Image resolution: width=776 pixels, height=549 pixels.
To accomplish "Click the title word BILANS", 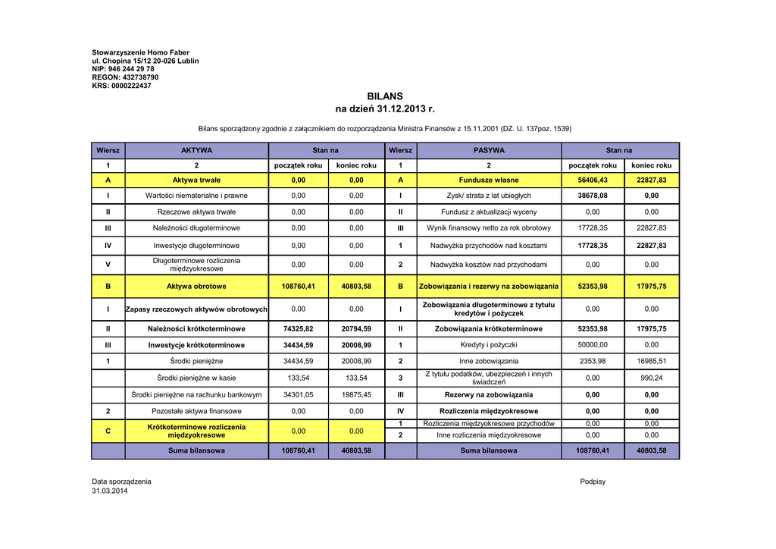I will click(x=385, y=96).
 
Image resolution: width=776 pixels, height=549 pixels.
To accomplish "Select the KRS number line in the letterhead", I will click(x=121, y=86).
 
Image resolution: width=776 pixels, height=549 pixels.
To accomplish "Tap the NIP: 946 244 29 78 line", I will click(x=123, y=69).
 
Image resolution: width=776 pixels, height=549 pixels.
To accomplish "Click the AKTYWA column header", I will click(x=196, y=150).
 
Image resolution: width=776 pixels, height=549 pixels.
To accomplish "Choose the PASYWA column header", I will click(x=489, y=150).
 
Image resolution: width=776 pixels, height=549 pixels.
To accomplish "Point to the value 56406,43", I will click(x=593, y=180).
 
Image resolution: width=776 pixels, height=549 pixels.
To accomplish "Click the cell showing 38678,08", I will click(x=593, y=196).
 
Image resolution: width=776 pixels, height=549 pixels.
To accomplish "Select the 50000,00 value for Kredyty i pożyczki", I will click(x=593, y=345).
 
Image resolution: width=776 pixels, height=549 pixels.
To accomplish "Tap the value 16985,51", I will click(x=652, y=361).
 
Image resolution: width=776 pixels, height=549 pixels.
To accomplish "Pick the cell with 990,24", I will click(x=652, y=378).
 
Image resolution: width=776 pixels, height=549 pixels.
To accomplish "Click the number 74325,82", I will click(x=299, y=329).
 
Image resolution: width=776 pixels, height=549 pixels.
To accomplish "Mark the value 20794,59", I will click(x=356, y=329).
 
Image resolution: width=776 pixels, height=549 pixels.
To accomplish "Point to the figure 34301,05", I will click(x=299, y=394).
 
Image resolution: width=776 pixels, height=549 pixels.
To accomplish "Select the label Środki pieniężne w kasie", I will click(x=196, y=378).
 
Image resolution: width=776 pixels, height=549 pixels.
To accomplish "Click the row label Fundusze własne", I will click(x=489, y=180).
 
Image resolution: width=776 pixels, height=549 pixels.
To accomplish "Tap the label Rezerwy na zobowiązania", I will click(x=489, y=394).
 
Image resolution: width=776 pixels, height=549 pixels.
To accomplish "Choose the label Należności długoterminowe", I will click(x=196, y=227).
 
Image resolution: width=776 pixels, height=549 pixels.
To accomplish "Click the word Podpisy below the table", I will click(x=593, y=482).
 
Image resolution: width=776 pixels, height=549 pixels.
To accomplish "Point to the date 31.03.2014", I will click(x=110, y=491).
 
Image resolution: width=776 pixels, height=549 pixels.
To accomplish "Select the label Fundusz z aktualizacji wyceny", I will click(x=489, y=212).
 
